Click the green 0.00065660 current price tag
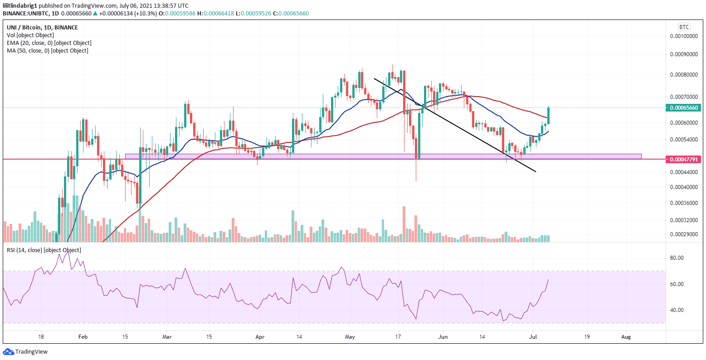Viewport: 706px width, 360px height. pos(683,107)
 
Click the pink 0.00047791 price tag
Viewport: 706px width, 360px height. pos(683,159)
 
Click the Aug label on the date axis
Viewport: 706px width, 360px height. pos(626,337)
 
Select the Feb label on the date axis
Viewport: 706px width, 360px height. pos(83,337)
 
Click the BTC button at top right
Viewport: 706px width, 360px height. pos(683,27)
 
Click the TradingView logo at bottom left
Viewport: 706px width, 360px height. pos(25,351)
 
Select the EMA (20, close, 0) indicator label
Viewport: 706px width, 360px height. pos(49,43)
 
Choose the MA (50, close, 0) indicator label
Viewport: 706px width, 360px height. pos(47,50)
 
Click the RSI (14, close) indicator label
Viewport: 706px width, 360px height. pos(44,250)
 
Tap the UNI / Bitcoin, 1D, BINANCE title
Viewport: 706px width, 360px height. pos(42,28)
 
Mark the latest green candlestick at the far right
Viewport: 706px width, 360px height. pos(549,116)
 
